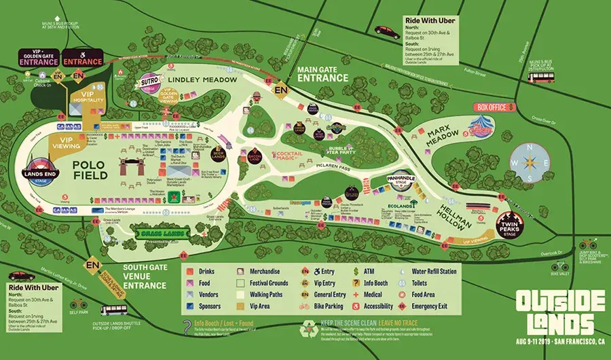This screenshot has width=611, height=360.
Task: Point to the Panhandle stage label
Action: [400, 179]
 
